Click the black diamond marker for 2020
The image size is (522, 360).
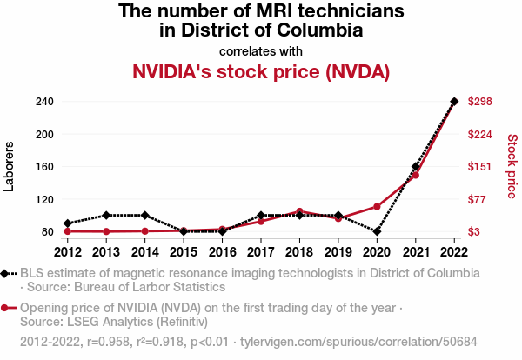point(377,231)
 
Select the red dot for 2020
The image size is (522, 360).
point(377,206)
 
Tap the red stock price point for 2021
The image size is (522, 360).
point(416,175)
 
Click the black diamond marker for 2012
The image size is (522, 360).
point(68,223)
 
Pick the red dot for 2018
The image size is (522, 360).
point(299,211)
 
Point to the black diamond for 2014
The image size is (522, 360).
point(145,215)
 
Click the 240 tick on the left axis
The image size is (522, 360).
point(44,102)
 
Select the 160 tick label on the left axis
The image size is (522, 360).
point(44,167)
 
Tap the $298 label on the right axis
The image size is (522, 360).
point(481,102)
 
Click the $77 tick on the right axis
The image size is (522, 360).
point(478,199)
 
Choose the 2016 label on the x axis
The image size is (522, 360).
point(222,252)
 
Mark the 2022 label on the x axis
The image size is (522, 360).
point(454,252)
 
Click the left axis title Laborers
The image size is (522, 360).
point(10,166)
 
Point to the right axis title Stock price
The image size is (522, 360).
point(512,165)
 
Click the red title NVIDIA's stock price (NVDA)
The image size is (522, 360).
point(261,71)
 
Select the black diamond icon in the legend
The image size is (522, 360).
point(7,273)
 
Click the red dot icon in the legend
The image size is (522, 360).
point(7,307)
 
